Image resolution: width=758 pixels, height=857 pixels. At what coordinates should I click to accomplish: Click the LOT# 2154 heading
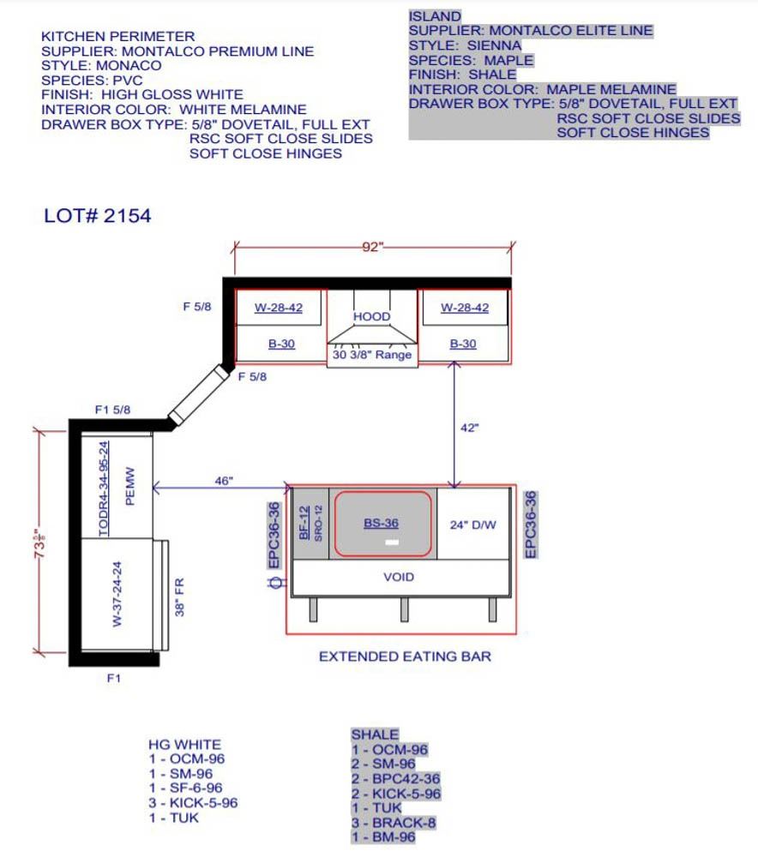pos(98,216)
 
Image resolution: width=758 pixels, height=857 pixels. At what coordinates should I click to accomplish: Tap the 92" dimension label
pos(372,247)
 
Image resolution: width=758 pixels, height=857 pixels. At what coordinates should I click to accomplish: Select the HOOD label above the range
pos(372,316)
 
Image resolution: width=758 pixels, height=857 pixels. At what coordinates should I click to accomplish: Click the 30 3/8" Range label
pos(372,355)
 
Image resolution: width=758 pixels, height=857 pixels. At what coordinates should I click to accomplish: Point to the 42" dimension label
pos(469,428)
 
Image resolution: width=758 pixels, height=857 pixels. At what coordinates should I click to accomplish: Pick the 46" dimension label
pos(224,481)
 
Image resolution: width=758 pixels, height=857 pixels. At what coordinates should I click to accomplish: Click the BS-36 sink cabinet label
pos(382,523)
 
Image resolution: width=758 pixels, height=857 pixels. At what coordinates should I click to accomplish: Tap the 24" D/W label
pos(473,525)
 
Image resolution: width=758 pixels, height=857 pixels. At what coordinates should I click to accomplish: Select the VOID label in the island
pos(399,577)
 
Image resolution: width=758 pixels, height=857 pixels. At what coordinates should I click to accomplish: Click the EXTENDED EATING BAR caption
pos(406,656)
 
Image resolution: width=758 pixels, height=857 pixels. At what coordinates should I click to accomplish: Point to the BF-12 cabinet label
pos(304,523)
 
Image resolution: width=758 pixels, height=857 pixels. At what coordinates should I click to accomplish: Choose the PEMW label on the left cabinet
pos(130,486)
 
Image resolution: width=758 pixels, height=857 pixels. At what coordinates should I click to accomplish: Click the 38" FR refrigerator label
pos(179,597)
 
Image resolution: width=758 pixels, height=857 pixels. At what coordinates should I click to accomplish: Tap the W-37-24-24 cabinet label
pos(117,594)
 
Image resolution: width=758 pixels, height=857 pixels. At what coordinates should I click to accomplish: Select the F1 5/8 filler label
pos(112,410)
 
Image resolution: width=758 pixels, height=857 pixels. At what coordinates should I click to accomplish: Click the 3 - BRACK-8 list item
pos(394,823)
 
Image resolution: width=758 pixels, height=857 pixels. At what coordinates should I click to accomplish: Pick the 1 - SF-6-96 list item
pos(186,788)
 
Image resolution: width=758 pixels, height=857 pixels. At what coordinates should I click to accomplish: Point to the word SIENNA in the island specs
pos(495,45)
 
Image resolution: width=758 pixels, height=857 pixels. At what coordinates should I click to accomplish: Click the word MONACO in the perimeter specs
pos(129,66)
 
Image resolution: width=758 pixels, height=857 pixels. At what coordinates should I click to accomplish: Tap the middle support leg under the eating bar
pos(404,609)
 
